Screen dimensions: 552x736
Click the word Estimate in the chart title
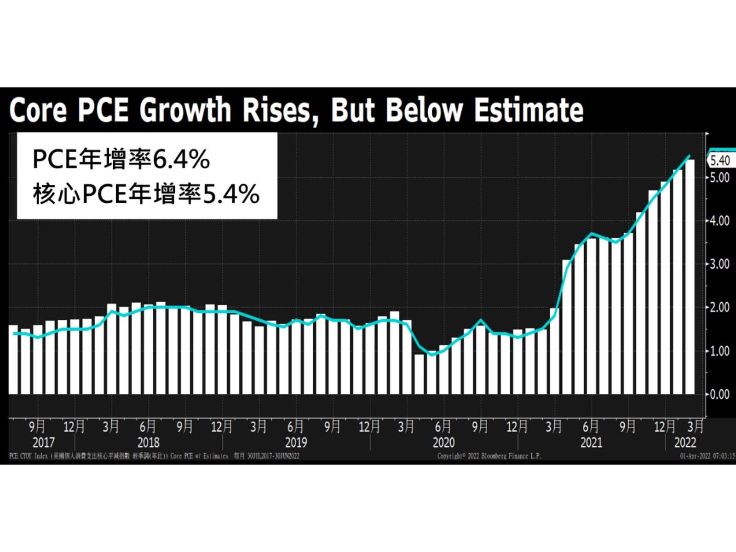click(529, 110)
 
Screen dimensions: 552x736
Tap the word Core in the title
click(38, 110)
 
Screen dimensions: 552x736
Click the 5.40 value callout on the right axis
click(720, 161)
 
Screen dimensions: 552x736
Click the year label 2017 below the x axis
click(44, 443)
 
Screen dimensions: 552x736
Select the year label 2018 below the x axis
click(148, 443)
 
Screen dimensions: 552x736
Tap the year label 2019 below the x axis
click(296, 443)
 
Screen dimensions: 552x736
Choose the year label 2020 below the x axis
click(443, 443)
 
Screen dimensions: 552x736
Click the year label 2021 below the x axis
click(591, 443)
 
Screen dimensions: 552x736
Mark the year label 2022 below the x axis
click(685, 443)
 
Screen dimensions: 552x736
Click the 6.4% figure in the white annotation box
click(181, 160)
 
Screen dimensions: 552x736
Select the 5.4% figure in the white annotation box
click(231, 194)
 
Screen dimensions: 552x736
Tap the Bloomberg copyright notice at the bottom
click(489, 456)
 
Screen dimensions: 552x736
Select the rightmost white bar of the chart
click(690, 276)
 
